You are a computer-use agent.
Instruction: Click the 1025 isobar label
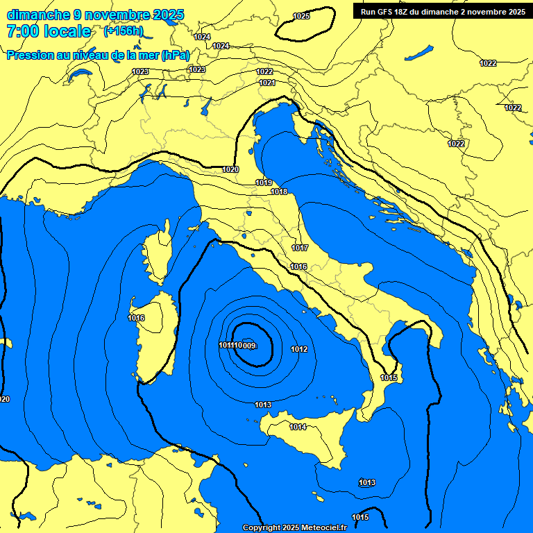click(301, 16)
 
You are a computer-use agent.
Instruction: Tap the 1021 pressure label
click(267, 83)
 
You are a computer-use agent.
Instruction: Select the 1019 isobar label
click(263, 183)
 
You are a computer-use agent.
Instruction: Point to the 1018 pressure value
click(279, 192)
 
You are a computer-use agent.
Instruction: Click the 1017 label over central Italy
click(300, 248)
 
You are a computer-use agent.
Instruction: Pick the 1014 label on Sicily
click(298, 427)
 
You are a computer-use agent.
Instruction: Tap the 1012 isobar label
click(299, 349)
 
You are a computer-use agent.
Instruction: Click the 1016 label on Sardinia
click(136, 318)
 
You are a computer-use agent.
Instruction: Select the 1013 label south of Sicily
click(367, 482)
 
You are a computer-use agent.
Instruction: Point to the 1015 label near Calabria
click(389, 378)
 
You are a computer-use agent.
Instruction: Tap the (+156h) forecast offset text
click(124, 31)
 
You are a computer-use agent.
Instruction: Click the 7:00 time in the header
click(22, 31)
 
